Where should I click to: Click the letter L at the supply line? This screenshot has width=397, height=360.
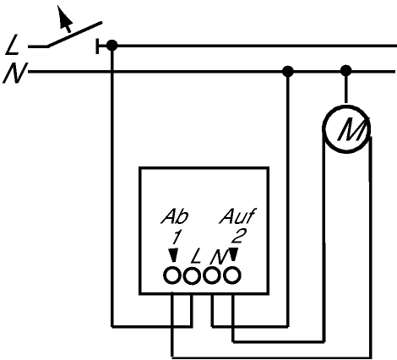(x=13, y=45)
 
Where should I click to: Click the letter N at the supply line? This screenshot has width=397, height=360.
(x=14, y=74)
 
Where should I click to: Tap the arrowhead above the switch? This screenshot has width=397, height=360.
(x=64, y=17)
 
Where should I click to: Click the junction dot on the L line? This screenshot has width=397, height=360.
(x=112, y=46)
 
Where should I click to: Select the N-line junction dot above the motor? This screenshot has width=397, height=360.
(x=346, y=70)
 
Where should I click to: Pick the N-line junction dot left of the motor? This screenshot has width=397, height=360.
(x=287, y=71)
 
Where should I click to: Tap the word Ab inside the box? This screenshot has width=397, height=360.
(x=175, y=217)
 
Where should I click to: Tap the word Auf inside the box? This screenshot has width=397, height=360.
(x=237, y=216)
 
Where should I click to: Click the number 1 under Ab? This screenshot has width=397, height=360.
(x=176, y=237)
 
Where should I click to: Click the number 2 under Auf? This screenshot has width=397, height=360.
(x=239, y=236)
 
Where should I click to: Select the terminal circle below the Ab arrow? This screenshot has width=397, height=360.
(x=172, y=275)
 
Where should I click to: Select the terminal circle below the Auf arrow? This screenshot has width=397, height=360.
(x=232, y=275)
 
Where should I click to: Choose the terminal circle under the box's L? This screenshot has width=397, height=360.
(x=192, y=275)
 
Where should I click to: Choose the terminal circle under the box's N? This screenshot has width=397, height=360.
(x=212, y=275)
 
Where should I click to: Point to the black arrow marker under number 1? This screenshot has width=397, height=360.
(x=173, y=255)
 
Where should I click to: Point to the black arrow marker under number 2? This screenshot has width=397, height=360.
(x=233, y=254)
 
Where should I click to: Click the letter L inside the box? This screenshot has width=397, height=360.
(x=196, y=257)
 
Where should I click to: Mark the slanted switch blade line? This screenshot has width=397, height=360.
(x=74, y=35)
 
